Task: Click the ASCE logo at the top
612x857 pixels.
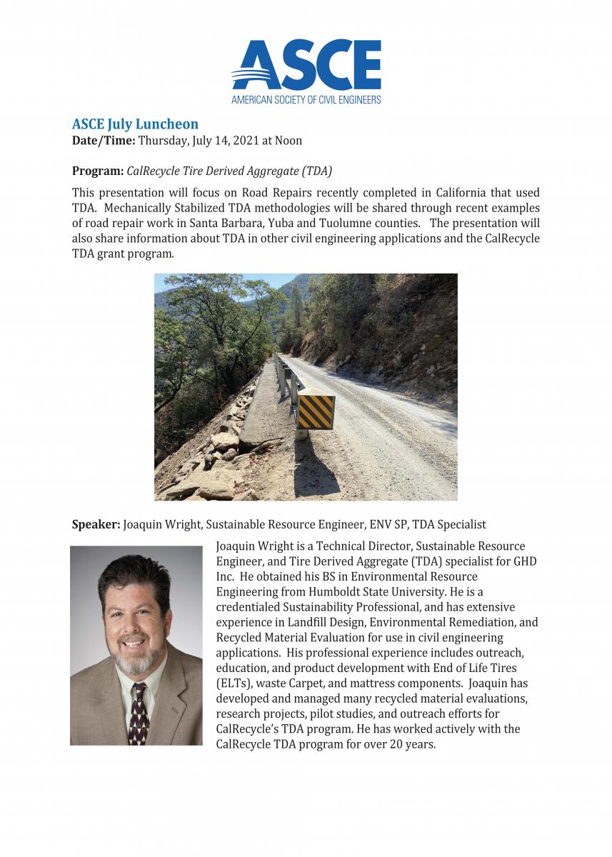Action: [306, 70]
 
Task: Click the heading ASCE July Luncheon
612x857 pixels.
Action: [135, 125]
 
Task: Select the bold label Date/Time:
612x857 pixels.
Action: [104, 141]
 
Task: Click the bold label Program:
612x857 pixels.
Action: [97, 171]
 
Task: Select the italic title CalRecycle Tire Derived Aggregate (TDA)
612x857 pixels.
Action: [229, 171]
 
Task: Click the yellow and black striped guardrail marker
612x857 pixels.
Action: [316, 411]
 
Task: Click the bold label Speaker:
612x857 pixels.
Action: [96, 525]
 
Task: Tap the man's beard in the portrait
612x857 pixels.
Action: [136, 660]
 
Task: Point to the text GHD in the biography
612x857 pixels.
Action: [525, 561]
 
